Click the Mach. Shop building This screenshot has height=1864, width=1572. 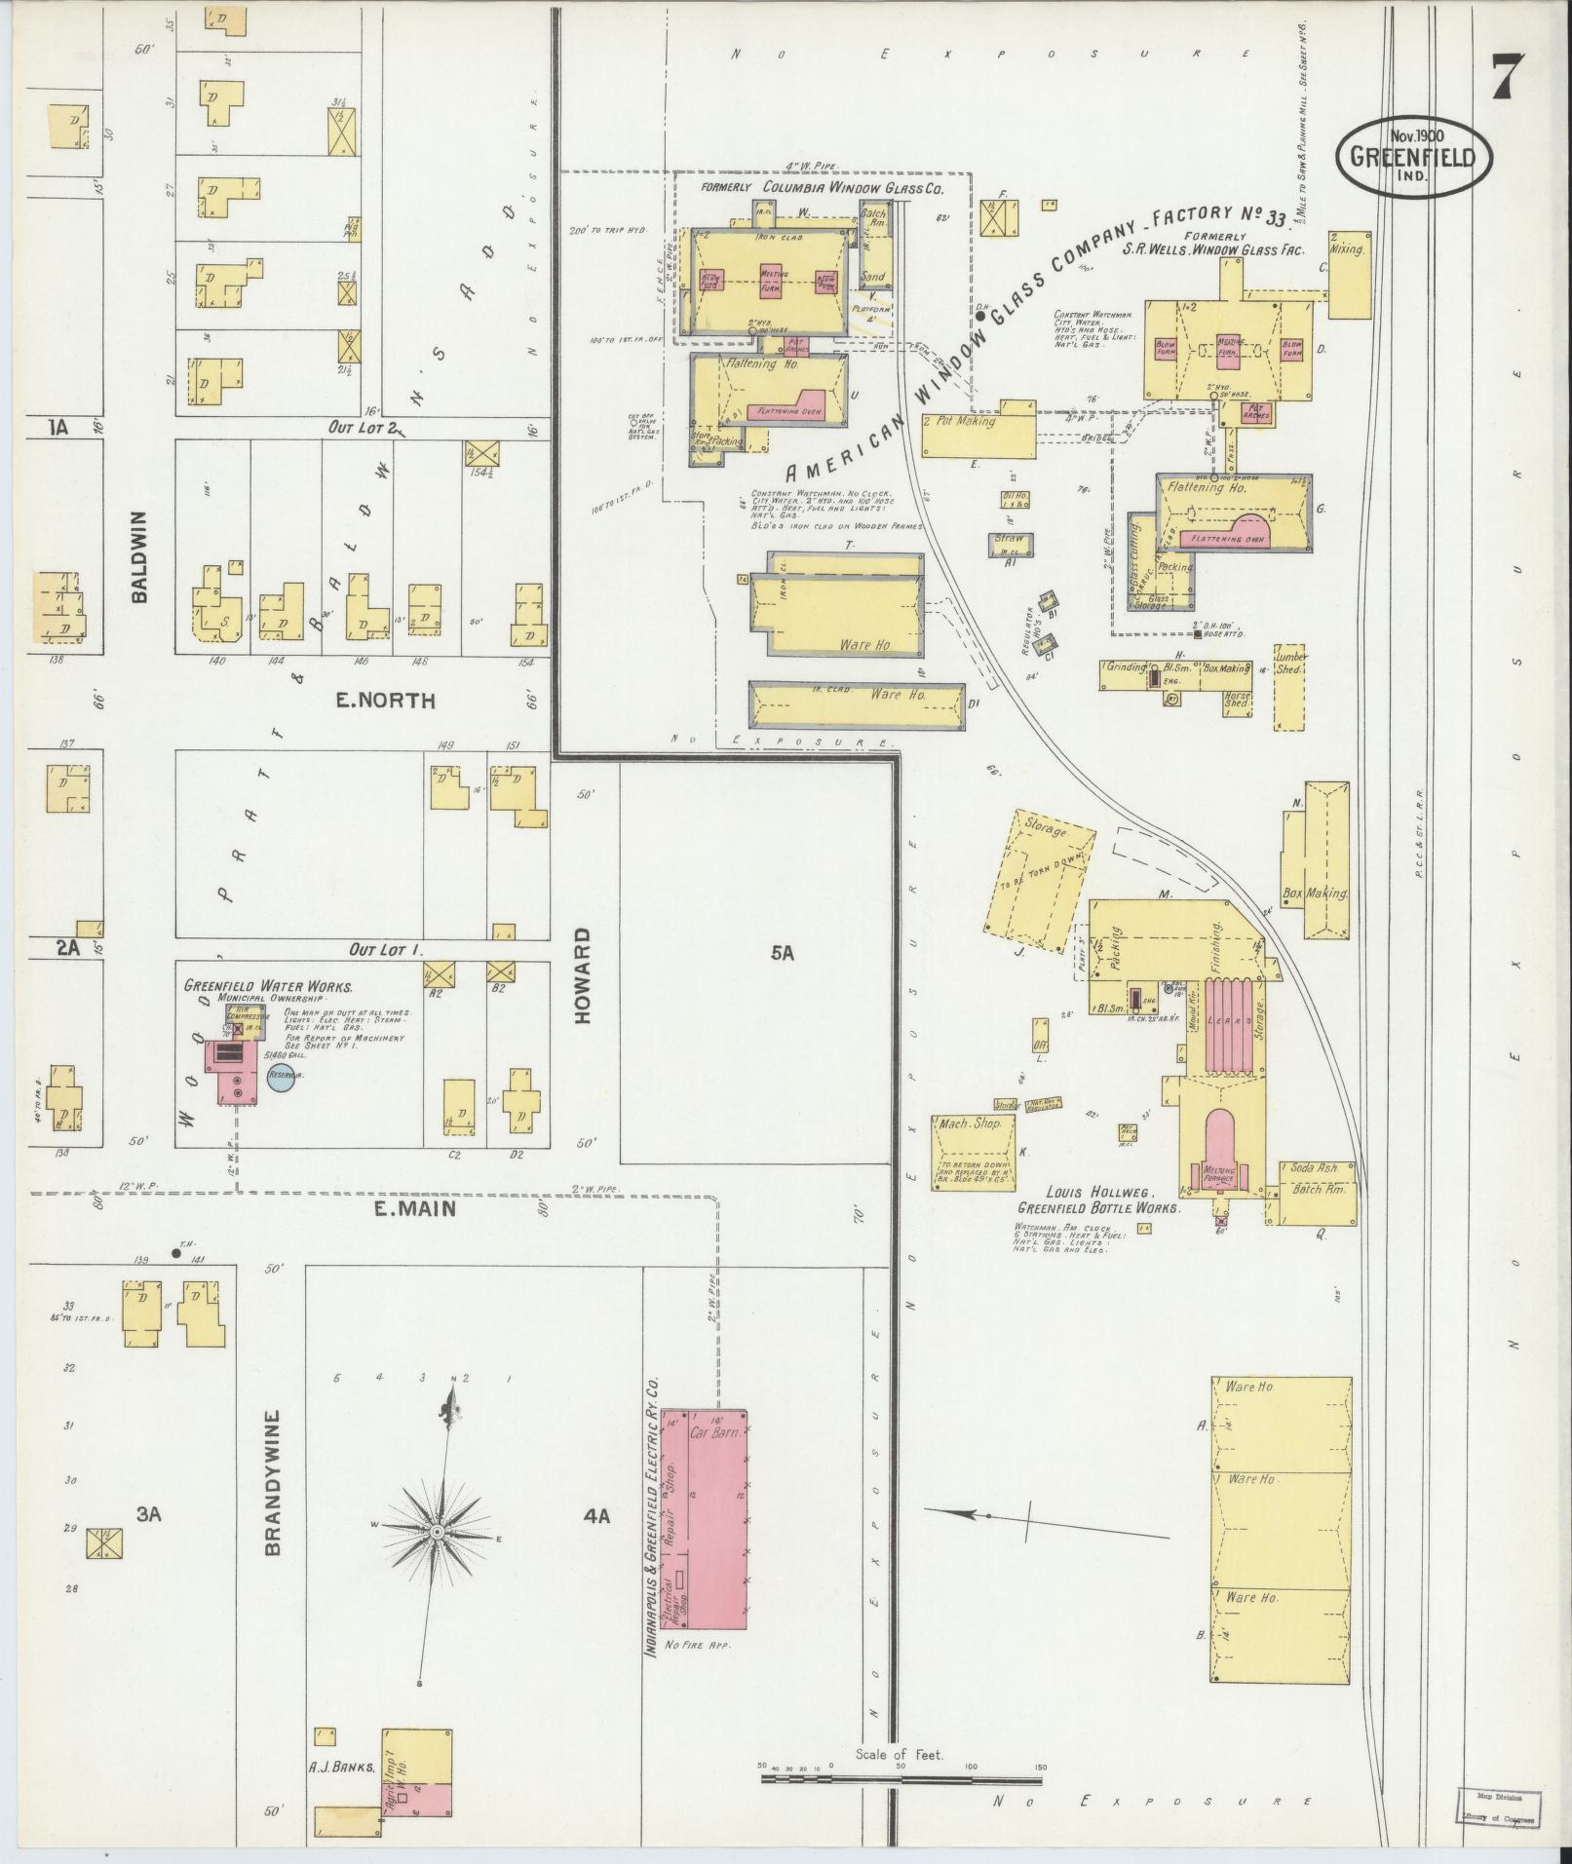973,1150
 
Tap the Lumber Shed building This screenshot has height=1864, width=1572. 1290,687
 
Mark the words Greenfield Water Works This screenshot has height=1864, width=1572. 268,986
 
